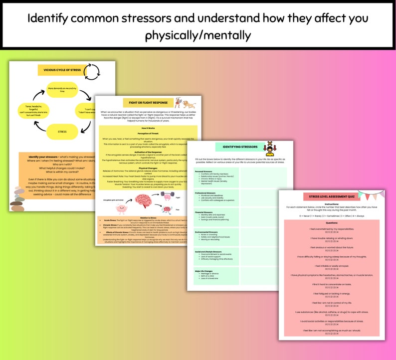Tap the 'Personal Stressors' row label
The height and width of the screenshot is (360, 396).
coord(203,171)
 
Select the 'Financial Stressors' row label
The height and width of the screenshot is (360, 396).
coord(204,211)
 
